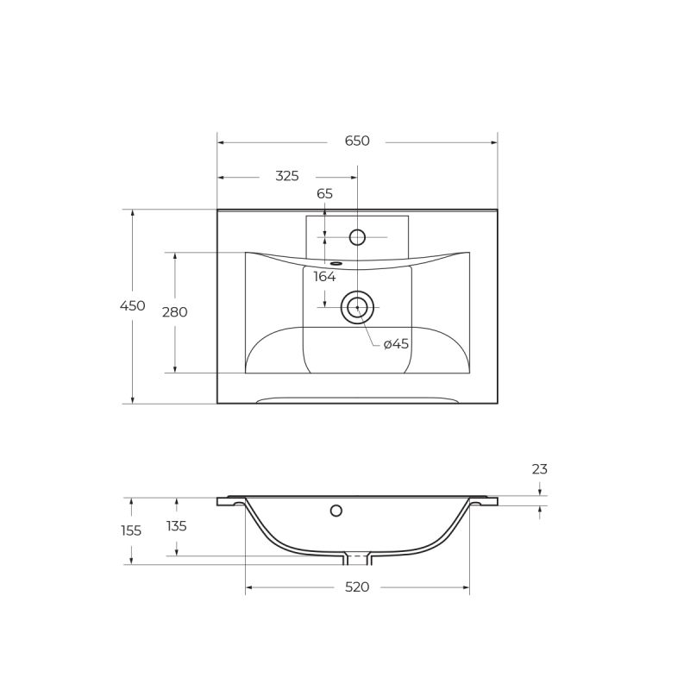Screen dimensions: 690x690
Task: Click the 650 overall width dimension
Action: (x=357, y=141)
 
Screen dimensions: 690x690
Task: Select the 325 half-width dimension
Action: (x=287, y=176)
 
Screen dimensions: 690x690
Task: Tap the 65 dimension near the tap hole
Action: (x=324, y=194)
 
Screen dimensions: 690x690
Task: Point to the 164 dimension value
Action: (x=324, y=277)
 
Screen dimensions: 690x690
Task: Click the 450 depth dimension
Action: (x=132, y=306)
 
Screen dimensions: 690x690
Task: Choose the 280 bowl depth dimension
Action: (x=174, y=312)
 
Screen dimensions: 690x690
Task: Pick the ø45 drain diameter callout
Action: (x=396, y=344)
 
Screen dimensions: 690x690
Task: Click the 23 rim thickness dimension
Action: (x=539, y=469)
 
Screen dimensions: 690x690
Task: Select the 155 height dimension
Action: (x=131, y=530)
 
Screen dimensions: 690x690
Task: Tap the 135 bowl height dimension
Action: (x=176, y=526)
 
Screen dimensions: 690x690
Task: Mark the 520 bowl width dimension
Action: (x=357, y=587)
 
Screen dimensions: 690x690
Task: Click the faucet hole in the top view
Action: (x=357, y=237)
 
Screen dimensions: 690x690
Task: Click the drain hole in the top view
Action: (x=357, y=307)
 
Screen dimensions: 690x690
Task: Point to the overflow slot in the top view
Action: (x=336, y=263)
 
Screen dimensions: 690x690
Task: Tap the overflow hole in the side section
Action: (x=336, y=511)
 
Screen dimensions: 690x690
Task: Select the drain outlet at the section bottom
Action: (x=357, y=558)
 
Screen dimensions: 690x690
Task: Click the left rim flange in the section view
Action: (x=229, y=500)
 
